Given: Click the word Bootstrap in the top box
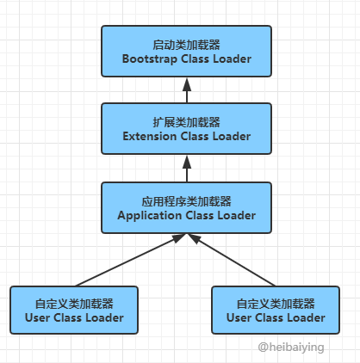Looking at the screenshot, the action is coord(149,59).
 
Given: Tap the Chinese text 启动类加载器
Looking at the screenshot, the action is coord(186,45).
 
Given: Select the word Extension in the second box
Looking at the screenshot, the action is coord(149,136).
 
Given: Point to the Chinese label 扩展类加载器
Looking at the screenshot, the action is coord(186,122).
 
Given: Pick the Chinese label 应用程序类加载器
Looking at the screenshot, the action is coord(186,201).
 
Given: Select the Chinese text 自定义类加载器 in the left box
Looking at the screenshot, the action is coord(74,304).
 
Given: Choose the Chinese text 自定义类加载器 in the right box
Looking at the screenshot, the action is coord(276,304).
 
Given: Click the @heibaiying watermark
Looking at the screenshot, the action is coord(291,348).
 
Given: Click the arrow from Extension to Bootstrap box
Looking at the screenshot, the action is coord(187,90).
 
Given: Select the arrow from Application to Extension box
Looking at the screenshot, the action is coord(187,169).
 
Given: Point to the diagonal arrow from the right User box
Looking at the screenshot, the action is coord(232,260).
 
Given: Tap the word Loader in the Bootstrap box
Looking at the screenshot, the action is coord(233,58).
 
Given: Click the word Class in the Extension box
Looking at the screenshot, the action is coord(195,136).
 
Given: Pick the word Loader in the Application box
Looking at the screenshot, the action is coord(237,215).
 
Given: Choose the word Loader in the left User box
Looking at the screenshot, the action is coord(104,317).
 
